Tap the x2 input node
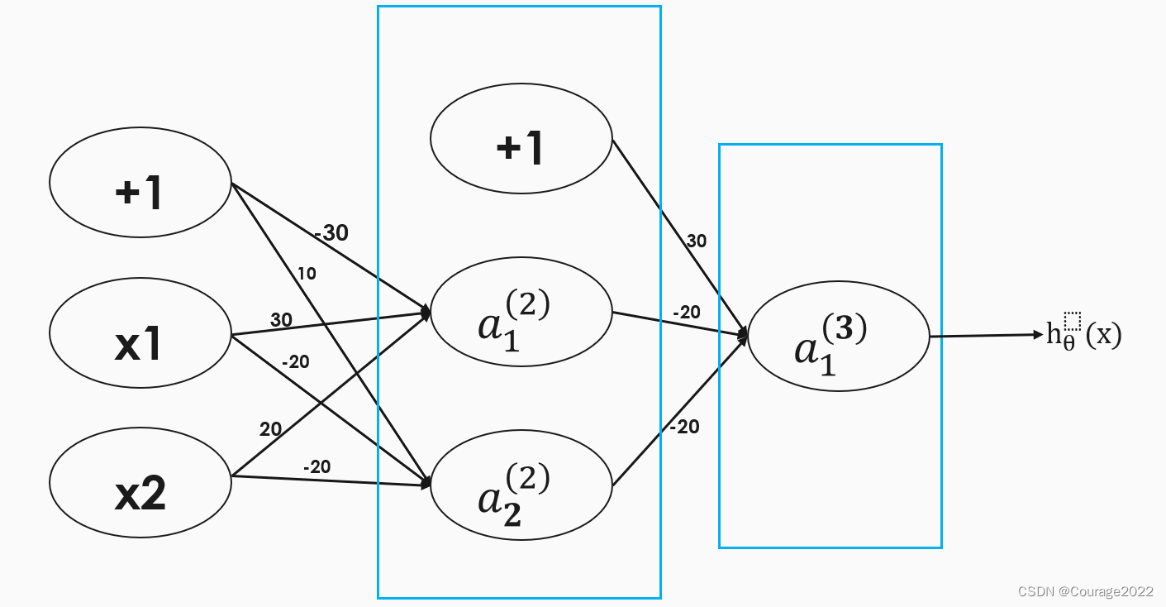pos(140,493)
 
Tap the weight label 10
pos(307,274)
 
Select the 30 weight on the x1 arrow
pos(281,320)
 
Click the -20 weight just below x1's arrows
pos(295,361)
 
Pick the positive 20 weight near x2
pos(270,429)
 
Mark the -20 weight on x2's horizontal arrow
pos(316,466)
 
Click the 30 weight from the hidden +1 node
pos(696,241)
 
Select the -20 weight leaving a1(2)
pos(686,313)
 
